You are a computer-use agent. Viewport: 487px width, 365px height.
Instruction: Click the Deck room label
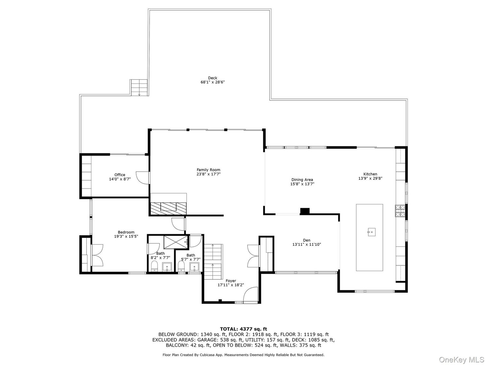(x=212, y=78)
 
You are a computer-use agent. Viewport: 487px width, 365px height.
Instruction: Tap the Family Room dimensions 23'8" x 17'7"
(x=208, y=174)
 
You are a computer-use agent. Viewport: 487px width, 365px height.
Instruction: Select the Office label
(x=120, y=175)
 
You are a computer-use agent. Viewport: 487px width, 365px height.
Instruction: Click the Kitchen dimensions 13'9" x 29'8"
(x=370, y=178)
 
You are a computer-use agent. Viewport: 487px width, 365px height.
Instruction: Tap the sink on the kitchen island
(x=371, y=232)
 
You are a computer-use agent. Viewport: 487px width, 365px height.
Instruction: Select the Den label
(x=306, y=240)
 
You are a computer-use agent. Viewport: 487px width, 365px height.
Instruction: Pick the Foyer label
(x=231, y=281)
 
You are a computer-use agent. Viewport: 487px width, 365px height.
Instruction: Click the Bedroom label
(x=126, y=232)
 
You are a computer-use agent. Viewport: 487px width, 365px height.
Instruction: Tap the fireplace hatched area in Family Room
(x=168, y=208)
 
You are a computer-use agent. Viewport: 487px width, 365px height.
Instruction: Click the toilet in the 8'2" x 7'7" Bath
(x=154, y=266)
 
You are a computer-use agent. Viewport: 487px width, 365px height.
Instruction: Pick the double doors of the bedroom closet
(x=97, y=255)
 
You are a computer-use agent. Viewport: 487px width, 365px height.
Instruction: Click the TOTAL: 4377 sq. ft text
(x=243, y=328)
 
